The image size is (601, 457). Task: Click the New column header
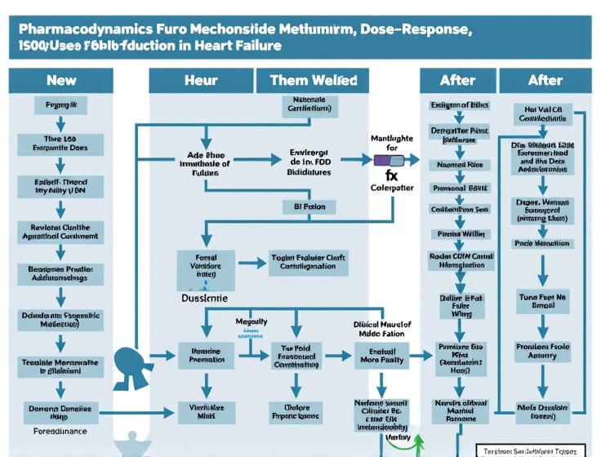click(61, 80)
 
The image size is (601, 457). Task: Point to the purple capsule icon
click(384, 161)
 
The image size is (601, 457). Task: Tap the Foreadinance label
click(61, 429)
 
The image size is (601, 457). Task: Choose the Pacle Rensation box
click(541, 243)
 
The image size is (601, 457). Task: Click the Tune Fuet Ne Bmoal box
click(541, 303)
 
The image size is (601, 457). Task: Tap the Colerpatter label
click(392, 188)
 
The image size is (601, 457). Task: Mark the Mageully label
click(252, 322)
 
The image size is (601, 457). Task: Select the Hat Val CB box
click(541, 113)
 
